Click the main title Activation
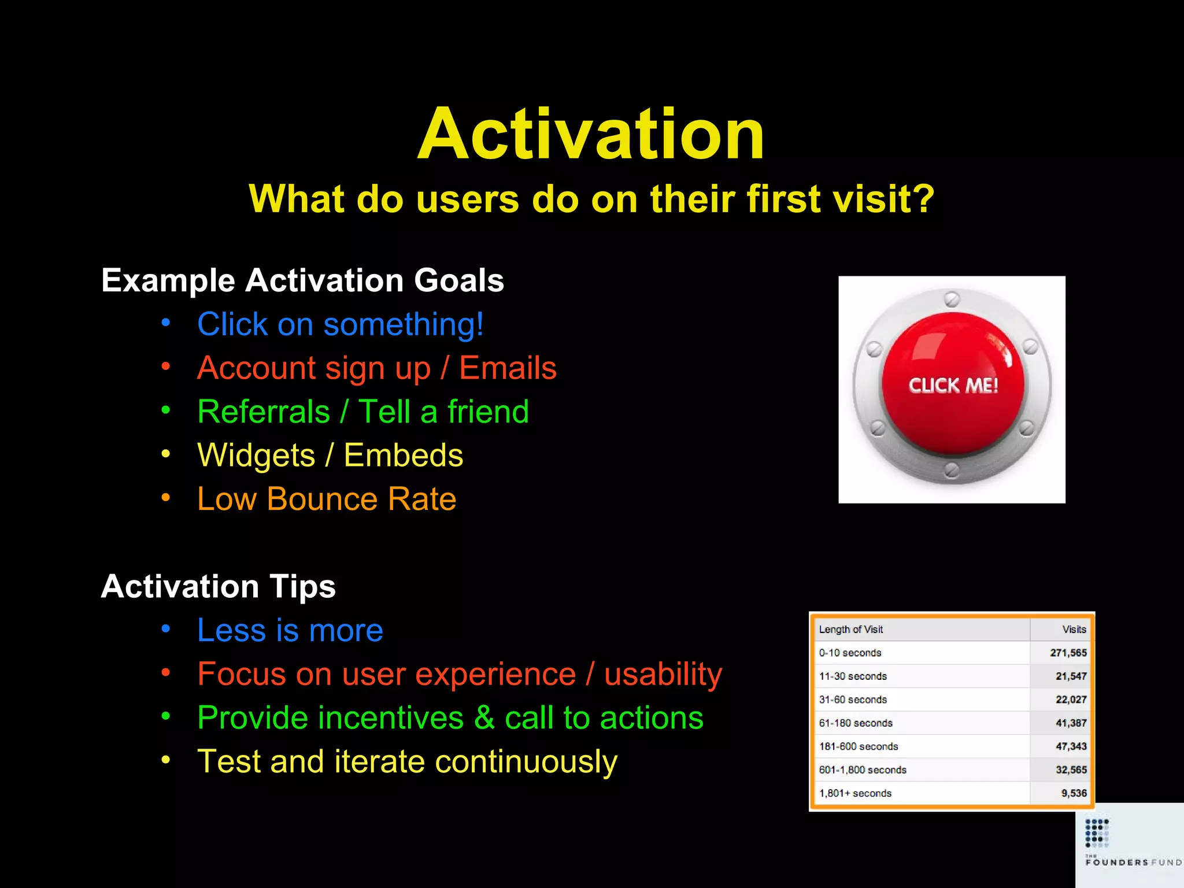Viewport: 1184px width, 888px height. (591, 134)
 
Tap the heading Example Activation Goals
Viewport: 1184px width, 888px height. (302, 280)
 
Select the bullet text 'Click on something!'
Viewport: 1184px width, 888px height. (340, 324)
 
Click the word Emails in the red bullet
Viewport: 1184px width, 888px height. (507, 368)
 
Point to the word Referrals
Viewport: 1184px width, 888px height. (264, 412)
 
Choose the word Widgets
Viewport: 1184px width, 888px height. (256, 456)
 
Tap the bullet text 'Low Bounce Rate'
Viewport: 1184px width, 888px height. (327, 499)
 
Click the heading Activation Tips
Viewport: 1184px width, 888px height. (218, 586)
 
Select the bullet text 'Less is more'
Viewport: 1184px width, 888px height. (290, 630)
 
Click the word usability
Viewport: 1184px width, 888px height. (663, 674)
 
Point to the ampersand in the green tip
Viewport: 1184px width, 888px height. (484, 718)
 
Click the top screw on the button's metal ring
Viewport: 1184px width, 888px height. (952, 299)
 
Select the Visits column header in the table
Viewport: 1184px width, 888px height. (1074, 630)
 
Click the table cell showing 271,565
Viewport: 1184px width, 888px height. (1068, 653)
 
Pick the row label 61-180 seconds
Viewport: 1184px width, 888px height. (855, 723)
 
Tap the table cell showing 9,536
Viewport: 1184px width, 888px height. (1074, 794)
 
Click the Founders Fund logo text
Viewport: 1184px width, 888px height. (1133, 862)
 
